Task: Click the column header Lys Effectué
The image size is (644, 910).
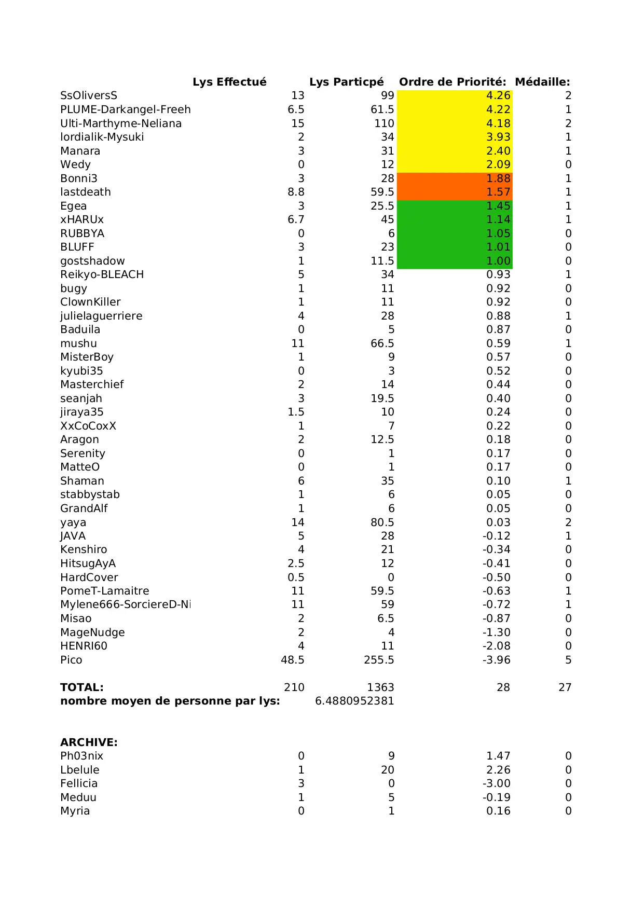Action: (229, 82)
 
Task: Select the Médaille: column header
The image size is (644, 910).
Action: (542, 82)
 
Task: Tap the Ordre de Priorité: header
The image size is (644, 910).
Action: (453, 82)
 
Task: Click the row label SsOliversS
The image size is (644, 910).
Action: (89, 95)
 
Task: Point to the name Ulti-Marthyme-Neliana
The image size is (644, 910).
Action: (121, 123)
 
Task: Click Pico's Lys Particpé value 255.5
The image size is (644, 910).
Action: (379, 660)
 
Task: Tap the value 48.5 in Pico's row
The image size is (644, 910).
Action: (293, 660)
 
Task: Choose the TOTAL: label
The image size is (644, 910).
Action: (82, 687)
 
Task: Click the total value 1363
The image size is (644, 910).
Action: (380, 687)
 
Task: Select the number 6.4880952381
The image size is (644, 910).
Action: (354, 701)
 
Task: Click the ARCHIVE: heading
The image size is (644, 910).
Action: (89, 742)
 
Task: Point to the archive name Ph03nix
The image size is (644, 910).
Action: (82, 756)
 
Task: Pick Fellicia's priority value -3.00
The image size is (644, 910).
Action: (497, 783)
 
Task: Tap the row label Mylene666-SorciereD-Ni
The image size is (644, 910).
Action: (126, 604)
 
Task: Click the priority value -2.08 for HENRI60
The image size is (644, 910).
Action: (497, 646)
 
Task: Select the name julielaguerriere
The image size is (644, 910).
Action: (101, 316)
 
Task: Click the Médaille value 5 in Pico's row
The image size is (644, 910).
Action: (568, 660)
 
